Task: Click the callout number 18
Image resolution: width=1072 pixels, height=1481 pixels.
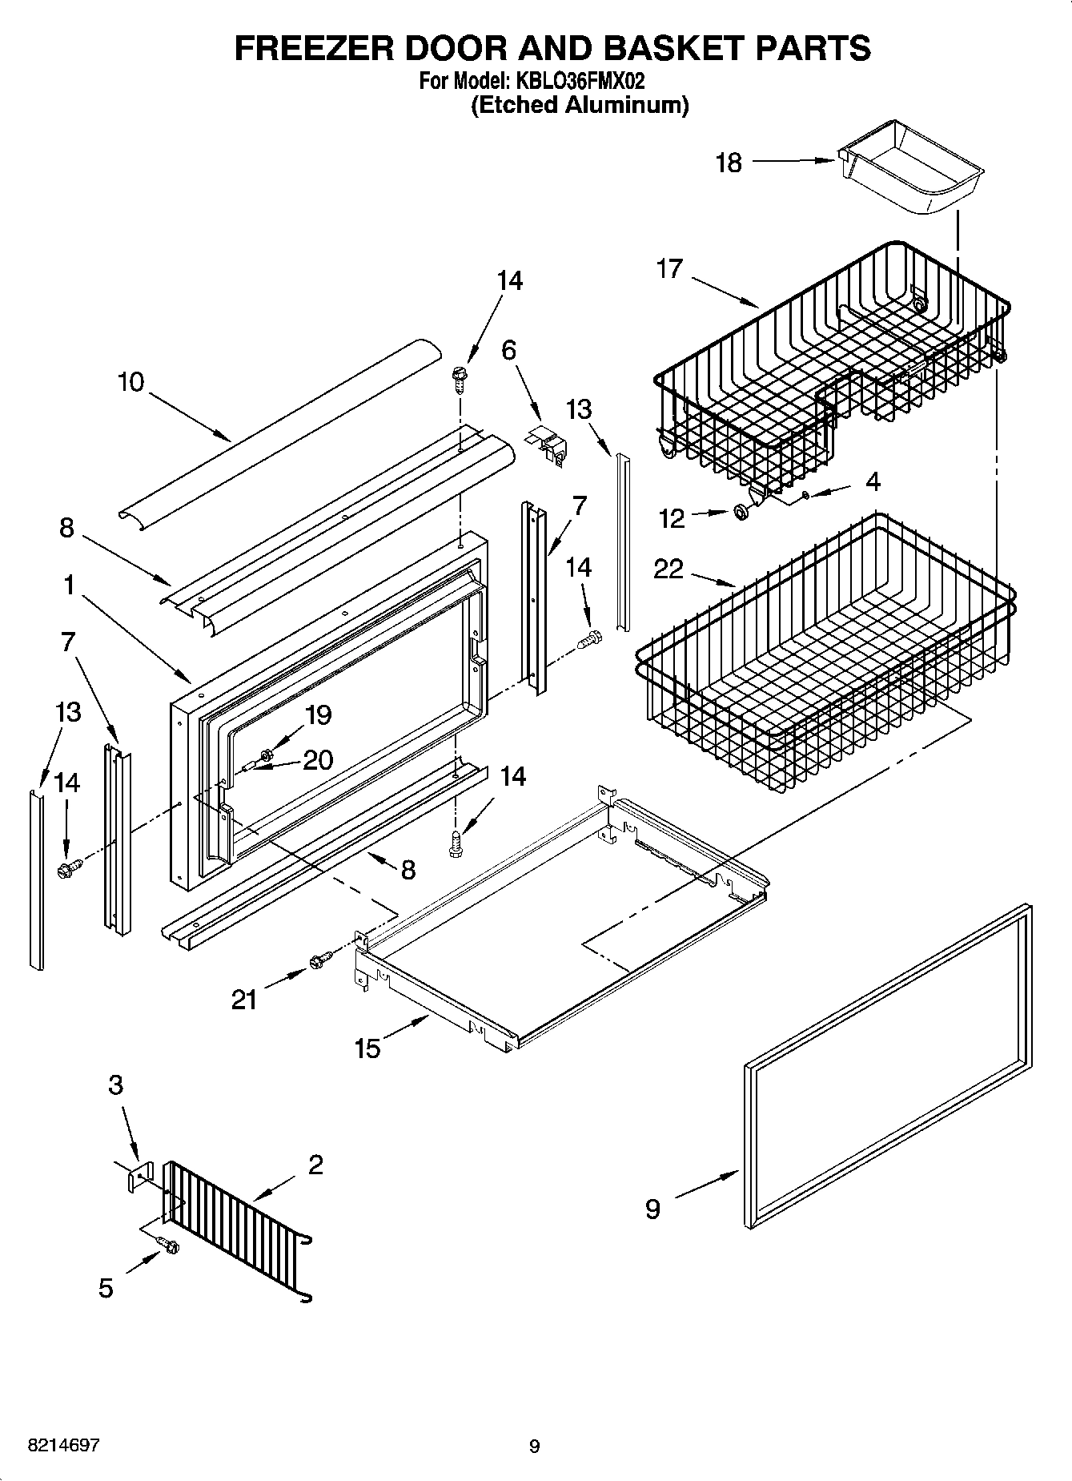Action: coord(729,163)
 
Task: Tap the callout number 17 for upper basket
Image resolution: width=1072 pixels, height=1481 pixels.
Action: coord(669,268)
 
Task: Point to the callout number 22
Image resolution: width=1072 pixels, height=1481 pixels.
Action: coord(668,569)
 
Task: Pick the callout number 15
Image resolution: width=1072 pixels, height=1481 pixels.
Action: coord(367,1048)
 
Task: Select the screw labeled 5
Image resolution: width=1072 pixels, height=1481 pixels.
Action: coord(170,1246)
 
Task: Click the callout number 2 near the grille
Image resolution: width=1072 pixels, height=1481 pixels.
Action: coord(315,1165)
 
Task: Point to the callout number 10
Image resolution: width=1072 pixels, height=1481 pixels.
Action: coord(130,382)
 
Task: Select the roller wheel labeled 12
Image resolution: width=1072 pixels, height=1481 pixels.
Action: coord(741,512)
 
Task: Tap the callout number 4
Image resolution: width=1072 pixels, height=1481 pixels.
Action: coord(873,481)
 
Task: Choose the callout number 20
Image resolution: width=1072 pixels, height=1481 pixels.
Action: coord(318,759)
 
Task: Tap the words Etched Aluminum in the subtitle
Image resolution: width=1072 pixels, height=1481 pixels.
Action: coord(579,105)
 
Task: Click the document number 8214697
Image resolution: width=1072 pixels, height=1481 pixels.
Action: coord(63,1446)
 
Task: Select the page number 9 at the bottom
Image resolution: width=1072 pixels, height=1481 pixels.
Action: coord(534,1447)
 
